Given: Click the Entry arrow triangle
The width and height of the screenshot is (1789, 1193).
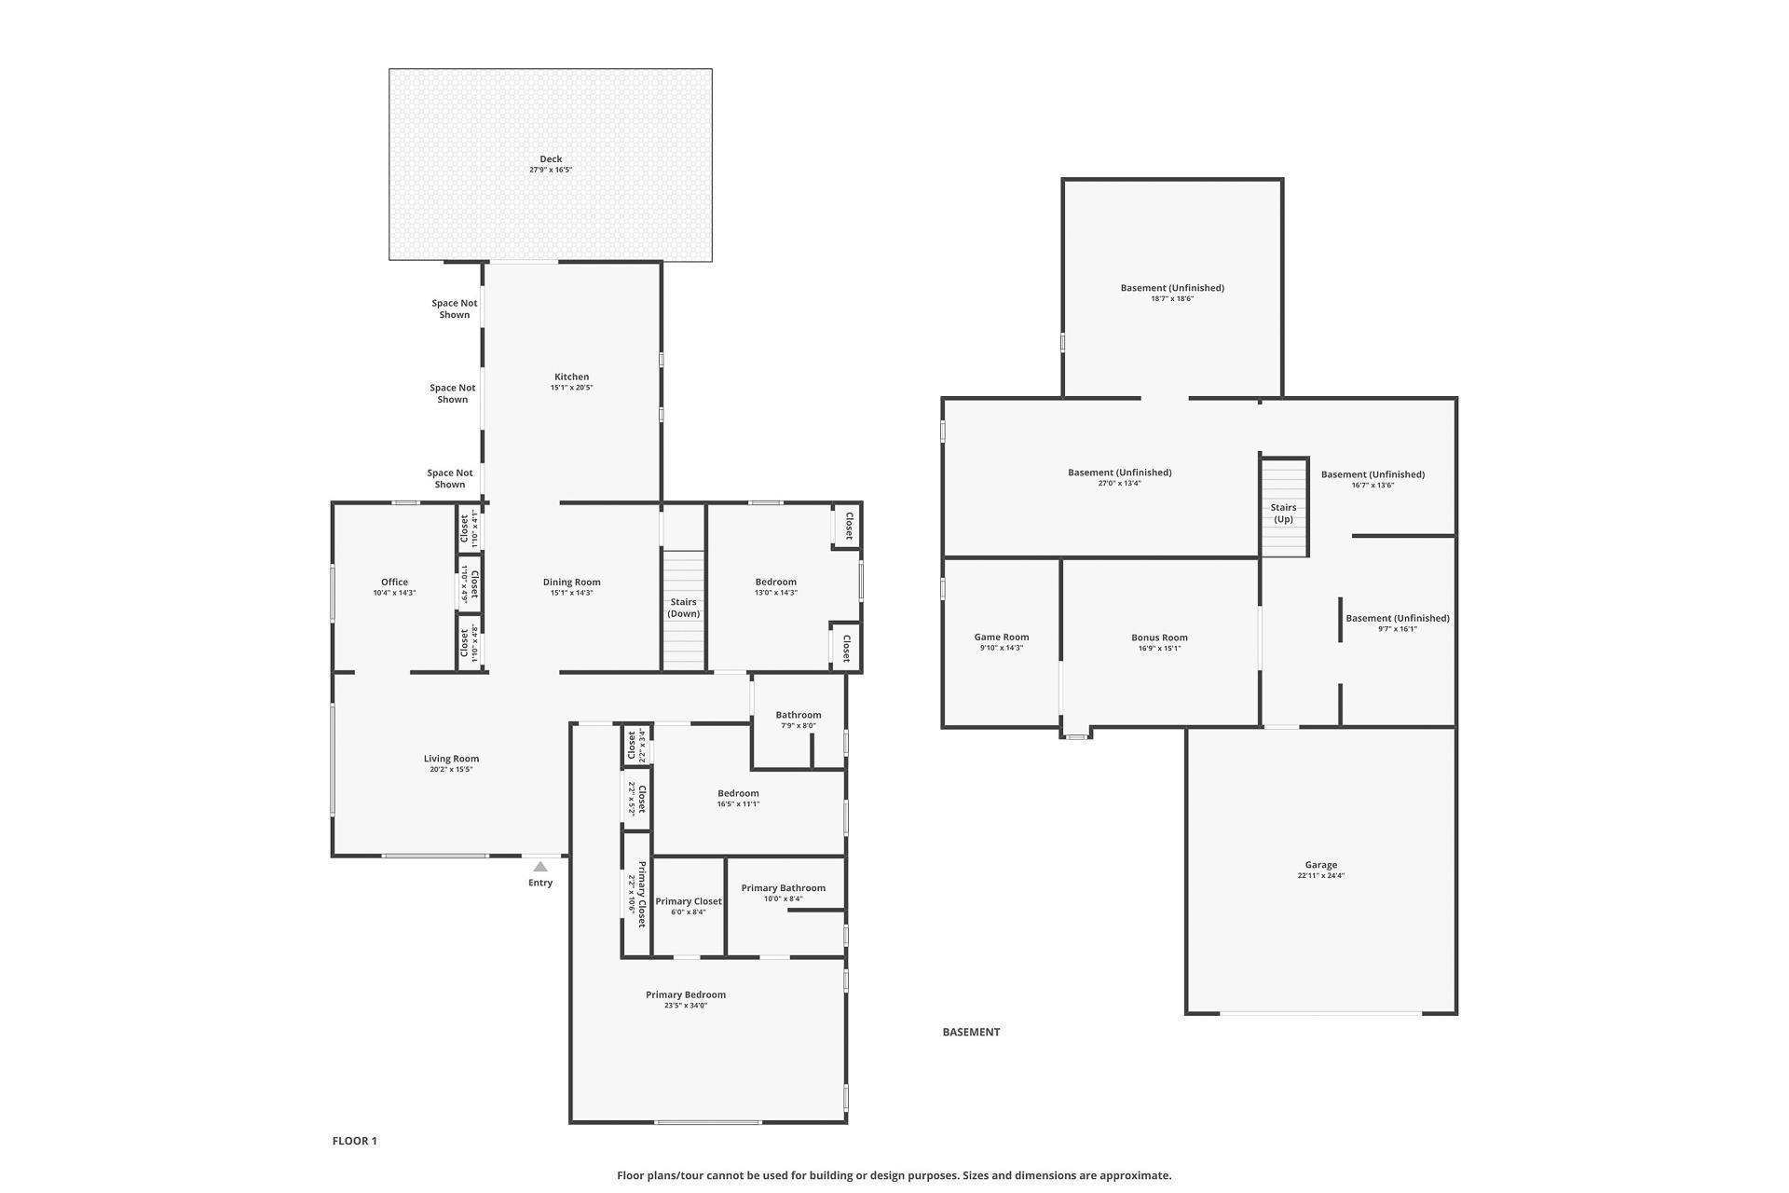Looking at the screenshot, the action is [540, 867].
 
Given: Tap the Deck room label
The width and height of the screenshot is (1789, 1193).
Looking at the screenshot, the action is [551, 158].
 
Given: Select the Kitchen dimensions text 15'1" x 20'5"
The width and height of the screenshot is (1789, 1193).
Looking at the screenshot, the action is [571, 388].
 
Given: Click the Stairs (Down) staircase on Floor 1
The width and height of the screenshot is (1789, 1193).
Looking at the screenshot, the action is [683, 610].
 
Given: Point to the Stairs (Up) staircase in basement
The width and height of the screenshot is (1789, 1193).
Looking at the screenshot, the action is [1284, 508].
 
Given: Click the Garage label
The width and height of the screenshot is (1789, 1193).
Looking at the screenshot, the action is [1321, 865].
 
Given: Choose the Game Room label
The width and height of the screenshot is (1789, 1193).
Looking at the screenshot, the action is [1002, 638].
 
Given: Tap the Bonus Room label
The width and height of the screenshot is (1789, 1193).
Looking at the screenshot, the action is [1159, 638].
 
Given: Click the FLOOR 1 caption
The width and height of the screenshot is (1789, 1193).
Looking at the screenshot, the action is [355, 1141].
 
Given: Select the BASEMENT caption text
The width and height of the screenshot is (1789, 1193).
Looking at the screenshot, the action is [971, 1032].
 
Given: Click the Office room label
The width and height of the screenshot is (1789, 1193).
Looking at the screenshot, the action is [394, 582].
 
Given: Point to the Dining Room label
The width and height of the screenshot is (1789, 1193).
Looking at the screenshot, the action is [571, 582].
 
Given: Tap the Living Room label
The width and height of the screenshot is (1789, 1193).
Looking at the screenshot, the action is [451, 759].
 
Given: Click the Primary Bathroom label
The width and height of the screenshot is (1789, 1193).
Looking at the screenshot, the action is [784, 888].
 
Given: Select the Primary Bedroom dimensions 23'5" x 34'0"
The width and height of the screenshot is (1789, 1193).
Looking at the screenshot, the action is [686, 1006].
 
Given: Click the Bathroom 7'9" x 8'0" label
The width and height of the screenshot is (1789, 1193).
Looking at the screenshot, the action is [799, 720].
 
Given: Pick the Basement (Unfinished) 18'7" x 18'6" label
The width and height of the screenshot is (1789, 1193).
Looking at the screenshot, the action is [1172, 293].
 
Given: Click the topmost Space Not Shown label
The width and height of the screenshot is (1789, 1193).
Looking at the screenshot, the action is [455, 309].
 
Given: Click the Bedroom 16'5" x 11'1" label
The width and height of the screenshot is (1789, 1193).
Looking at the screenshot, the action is [738, 798].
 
